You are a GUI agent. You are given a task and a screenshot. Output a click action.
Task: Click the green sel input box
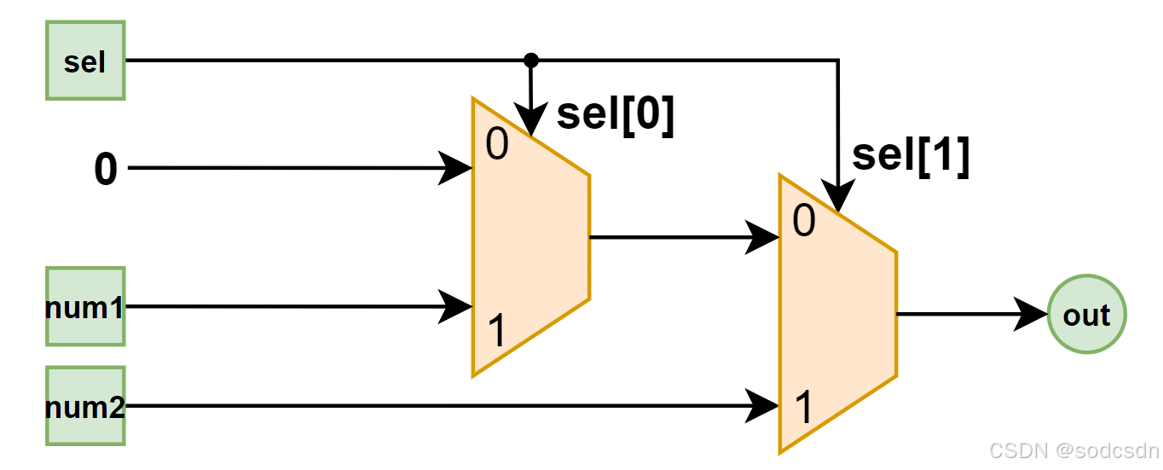pyautogui.click(x=85, y=61)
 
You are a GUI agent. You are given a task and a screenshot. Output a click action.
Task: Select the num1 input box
pyautogui.click(x=85, y=306)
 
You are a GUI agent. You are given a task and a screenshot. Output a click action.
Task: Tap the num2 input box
pyautogui.click(x=85, y=406)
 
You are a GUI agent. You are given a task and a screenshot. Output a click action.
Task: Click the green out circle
pyautogui.click(x=1086, y=315)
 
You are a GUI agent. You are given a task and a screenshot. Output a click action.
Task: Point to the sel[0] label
pyautogui.click(x=616, y=114)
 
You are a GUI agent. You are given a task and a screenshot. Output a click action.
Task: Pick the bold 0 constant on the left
pyautogui.click(x=105, y=170)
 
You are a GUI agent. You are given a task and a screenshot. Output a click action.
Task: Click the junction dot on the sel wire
pyautogui.click(x=530, y=60)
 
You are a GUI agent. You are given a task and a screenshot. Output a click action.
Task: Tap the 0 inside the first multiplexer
pyautogui.click(x=497, y=145)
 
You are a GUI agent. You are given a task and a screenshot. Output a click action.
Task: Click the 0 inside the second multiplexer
pyautogui.click(x=804, y=222)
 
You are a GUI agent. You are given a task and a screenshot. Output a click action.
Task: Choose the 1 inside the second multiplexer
pyautogui.click(x=803, y=409)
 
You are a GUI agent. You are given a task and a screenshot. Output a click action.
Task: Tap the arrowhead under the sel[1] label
pyautogui.click(x=838, y=198)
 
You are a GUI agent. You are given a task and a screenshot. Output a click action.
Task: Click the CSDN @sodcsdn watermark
pyautogui.click(x=1074, y=450)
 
